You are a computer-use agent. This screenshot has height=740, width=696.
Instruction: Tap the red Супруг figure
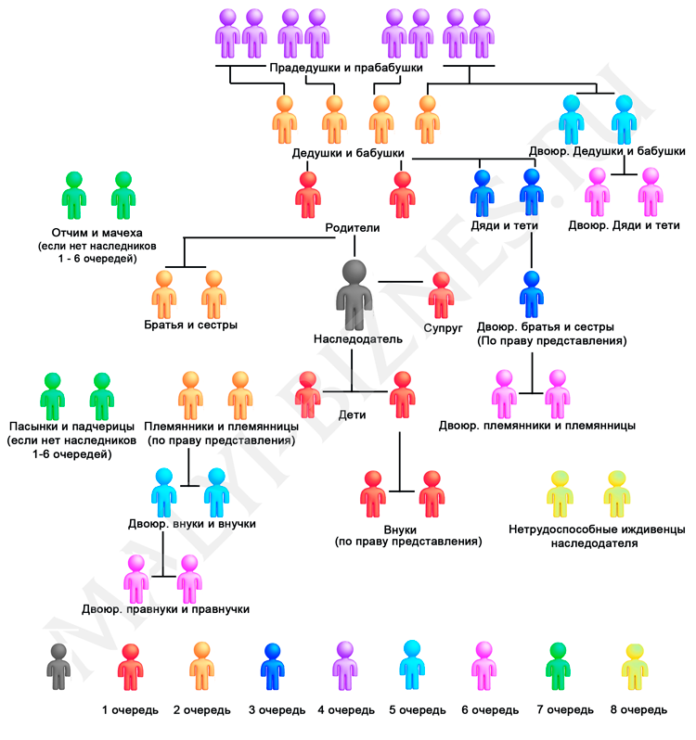[x=441, y=296]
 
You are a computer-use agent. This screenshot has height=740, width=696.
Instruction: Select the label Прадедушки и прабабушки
[x=346, y=69]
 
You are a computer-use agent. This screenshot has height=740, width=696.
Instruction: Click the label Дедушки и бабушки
[x=348, y=152]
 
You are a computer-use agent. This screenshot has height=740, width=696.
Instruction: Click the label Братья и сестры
[x=190, y=325]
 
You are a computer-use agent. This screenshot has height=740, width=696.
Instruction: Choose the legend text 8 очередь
[x=638, y=710]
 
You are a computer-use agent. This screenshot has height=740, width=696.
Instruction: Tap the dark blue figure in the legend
[x=273, y=666]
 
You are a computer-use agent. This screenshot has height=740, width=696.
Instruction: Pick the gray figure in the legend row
[x=58, y=666]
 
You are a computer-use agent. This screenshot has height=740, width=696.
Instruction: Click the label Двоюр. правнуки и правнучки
[x=165, y=609]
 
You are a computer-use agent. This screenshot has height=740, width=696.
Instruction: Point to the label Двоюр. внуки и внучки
[x=192, y=524]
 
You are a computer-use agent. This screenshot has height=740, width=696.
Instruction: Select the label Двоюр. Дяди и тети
[x=624, y=225]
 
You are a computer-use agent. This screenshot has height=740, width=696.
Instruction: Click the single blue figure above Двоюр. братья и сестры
[x=531, y=295]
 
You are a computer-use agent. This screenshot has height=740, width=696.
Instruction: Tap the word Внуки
[x=408, y=527]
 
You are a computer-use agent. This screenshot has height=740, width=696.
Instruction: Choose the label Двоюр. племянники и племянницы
[x=537, y=426]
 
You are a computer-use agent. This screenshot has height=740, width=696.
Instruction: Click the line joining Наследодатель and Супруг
[x=401, y=280]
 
